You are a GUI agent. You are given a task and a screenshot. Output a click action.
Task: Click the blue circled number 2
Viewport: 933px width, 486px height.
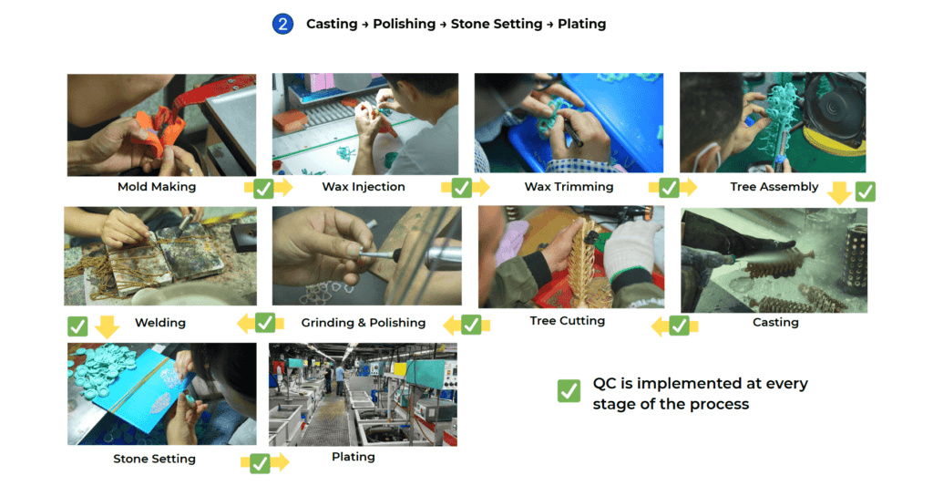point(282,24)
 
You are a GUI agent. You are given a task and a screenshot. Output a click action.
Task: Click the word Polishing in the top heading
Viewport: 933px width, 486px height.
point(405,24)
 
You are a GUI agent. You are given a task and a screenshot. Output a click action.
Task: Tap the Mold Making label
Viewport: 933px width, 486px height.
point(157,187)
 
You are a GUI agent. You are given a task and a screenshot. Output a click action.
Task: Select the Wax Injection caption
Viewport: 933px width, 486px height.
point(364,187)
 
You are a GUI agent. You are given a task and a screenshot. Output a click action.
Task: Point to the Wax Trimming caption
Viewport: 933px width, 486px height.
point(569,187)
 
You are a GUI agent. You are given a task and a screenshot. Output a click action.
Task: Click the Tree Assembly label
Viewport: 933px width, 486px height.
point(774,187)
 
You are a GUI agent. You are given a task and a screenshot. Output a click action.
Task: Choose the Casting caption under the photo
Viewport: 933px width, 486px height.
point(775,322)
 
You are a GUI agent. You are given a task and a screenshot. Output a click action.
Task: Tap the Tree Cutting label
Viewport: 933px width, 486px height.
point(568,320)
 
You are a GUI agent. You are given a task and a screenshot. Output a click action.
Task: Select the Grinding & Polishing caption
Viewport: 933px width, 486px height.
point(364,323)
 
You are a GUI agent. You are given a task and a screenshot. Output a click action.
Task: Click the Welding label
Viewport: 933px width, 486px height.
point(160,323)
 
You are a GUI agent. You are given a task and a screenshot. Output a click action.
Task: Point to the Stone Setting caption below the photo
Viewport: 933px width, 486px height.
point(154,459)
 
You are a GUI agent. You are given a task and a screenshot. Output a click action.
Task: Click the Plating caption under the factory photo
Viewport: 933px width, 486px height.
point(354,456)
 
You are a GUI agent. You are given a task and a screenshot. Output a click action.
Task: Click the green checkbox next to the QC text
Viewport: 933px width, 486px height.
point(569,391)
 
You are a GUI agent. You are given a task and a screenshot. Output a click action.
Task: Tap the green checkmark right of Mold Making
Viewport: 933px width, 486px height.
point(262,188)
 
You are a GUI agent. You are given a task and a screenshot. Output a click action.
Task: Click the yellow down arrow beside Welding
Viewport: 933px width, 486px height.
point(108,326)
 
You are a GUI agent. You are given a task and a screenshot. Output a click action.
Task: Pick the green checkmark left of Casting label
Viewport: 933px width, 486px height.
point(679,326)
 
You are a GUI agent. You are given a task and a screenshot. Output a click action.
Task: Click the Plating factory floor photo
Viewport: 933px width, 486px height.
point(363,394)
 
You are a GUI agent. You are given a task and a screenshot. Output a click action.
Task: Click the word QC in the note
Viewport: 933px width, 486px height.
point(604,384)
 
